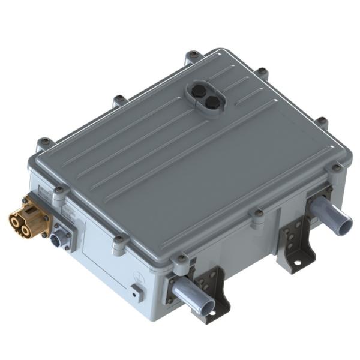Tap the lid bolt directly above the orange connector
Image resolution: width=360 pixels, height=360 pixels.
(x=59, y=191)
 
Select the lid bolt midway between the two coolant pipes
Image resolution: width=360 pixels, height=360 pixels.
(x=258, y=212)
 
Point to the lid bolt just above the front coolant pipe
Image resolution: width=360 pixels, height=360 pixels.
(x=181, y=259)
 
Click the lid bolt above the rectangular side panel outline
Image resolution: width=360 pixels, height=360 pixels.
(x=119, y=239)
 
